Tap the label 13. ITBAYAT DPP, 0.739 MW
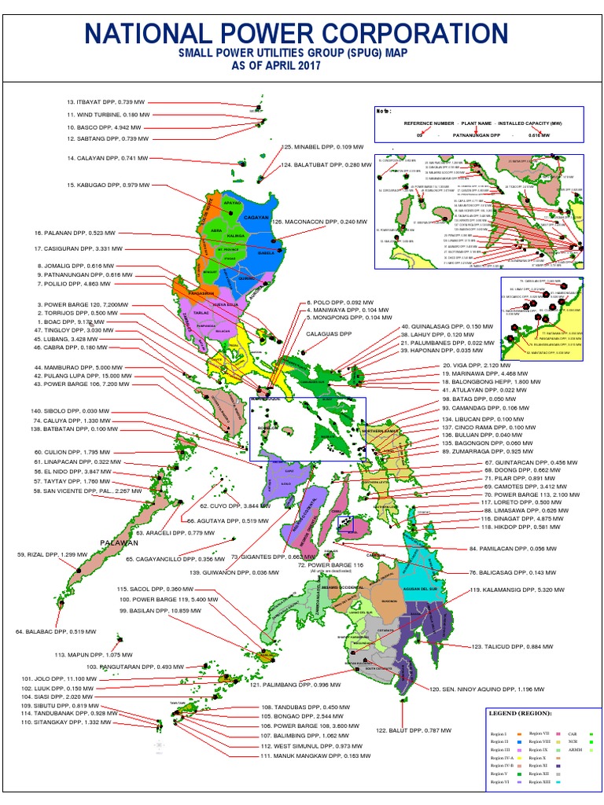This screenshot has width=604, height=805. click(x=106, y=102)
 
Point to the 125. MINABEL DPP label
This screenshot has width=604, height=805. click(x=322, y=147)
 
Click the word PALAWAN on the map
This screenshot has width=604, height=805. click(x=119, y=542)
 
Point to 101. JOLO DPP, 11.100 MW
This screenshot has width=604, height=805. click(x=54, y=678)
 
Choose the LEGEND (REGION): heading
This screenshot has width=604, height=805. click(x=521, y=713)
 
